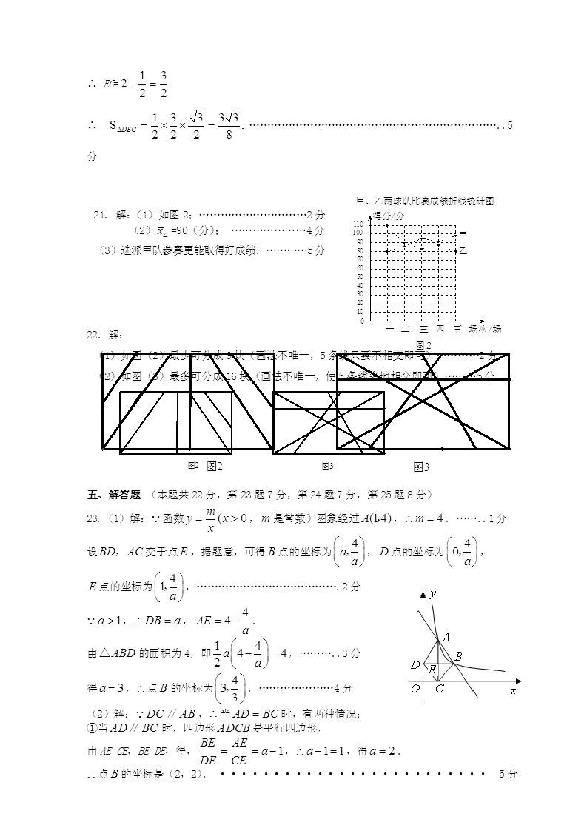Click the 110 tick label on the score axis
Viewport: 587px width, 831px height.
(x=358, y=224)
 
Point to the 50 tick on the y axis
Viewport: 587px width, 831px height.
(x=360, y=276)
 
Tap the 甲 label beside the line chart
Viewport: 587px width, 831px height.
(x=463, y=235)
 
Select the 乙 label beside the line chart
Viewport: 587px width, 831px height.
(x=463, y=251)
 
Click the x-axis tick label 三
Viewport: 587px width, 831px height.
(x=423, y=329)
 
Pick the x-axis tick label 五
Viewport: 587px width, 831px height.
(x=457, y=329)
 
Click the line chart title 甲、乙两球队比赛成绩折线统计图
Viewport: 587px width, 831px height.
(x=424, y=201)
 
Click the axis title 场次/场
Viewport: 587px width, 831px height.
(x=486, y=329)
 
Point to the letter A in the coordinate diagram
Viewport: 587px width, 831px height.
(x=446, y=636)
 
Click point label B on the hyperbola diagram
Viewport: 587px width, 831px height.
(x=459, y=655)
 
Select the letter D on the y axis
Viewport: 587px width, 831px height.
(x=415, y=665)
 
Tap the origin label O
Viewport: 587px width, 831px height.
(x=417, y=689)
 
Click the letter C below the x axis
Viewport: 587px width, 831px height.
(x=439, y=690)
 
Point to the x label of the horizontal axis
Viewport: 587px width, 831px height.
(x=512, y=690)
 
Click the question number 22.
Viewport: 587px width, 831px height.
(x=93, y=335)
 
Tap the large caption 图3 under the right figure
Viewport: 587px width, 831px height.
(x=422, y=467)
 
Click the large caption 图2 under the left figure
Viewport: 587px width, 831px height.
(x=215, y=466)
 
